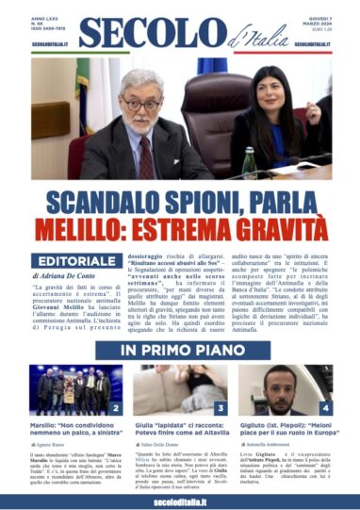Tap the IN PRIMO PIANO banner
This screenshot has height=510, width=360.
179,350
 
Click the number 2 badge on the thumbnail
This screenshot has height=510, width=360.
116,407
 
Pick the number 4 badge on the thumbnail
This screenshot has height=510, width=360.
324,407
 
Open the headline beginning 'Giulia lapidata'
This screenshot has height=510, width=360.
179,430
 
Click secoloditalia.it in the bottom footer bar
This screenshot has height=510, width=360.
179,501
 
